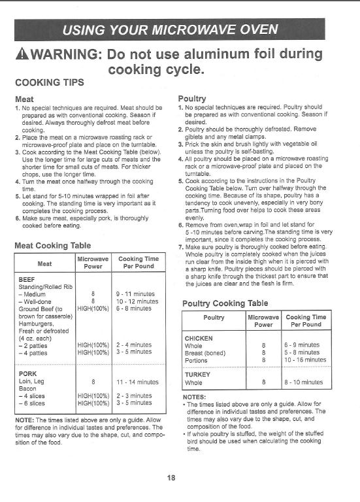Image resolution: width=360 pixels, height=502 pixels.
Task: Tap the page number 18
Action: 171,478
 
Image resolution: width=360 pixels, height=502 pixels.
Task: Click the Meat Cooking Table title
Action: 53,246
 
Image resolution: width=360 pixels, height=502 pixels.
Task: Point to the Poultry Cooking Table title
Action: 225,303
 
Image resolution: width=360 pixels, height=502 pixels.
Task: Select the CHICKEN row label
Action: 200,337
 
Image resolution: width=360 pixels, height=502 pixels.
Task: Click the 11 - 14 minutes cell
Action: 137,381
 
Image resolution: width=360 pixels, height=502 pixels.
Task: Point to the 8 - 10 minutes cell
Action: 303,382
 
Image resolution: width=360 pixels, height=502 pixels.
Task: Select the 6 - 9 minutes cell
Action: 302,344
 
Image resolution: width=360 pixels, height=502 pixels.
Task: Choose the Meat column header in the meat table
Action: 44,263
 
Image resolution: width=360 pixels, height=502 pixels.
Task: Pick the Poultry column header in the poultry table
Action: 214,318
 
